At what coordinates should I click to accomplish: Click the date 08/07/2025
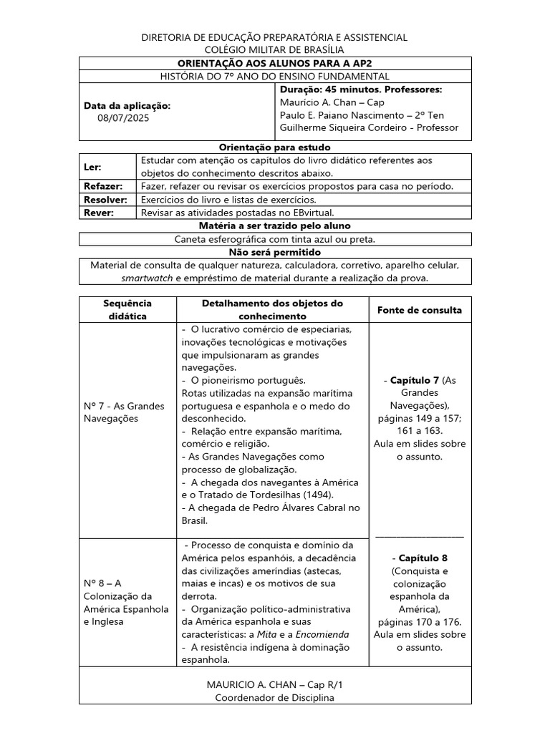[125, 119]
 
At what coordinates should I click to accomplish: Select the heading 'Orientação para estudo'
[274, 147]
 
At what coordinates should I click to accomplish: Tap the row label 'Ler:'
[94, 167]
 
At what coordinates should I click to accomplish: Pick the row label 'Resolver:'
[106, 200]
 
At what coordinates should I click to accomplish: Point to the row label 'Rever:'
[100, 213]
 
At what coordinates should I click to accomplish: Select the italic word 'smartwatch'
[147, 278]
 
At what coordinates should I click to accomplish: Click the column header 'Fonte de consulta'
[419, 310]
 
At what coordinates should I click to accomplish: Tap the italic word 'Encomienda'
[322, 634]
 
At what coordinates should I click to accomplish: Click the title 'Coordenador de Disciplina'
[274, 698]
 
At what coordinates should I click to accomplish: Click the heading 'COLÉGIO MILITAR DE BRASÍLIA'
[274, 49]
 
